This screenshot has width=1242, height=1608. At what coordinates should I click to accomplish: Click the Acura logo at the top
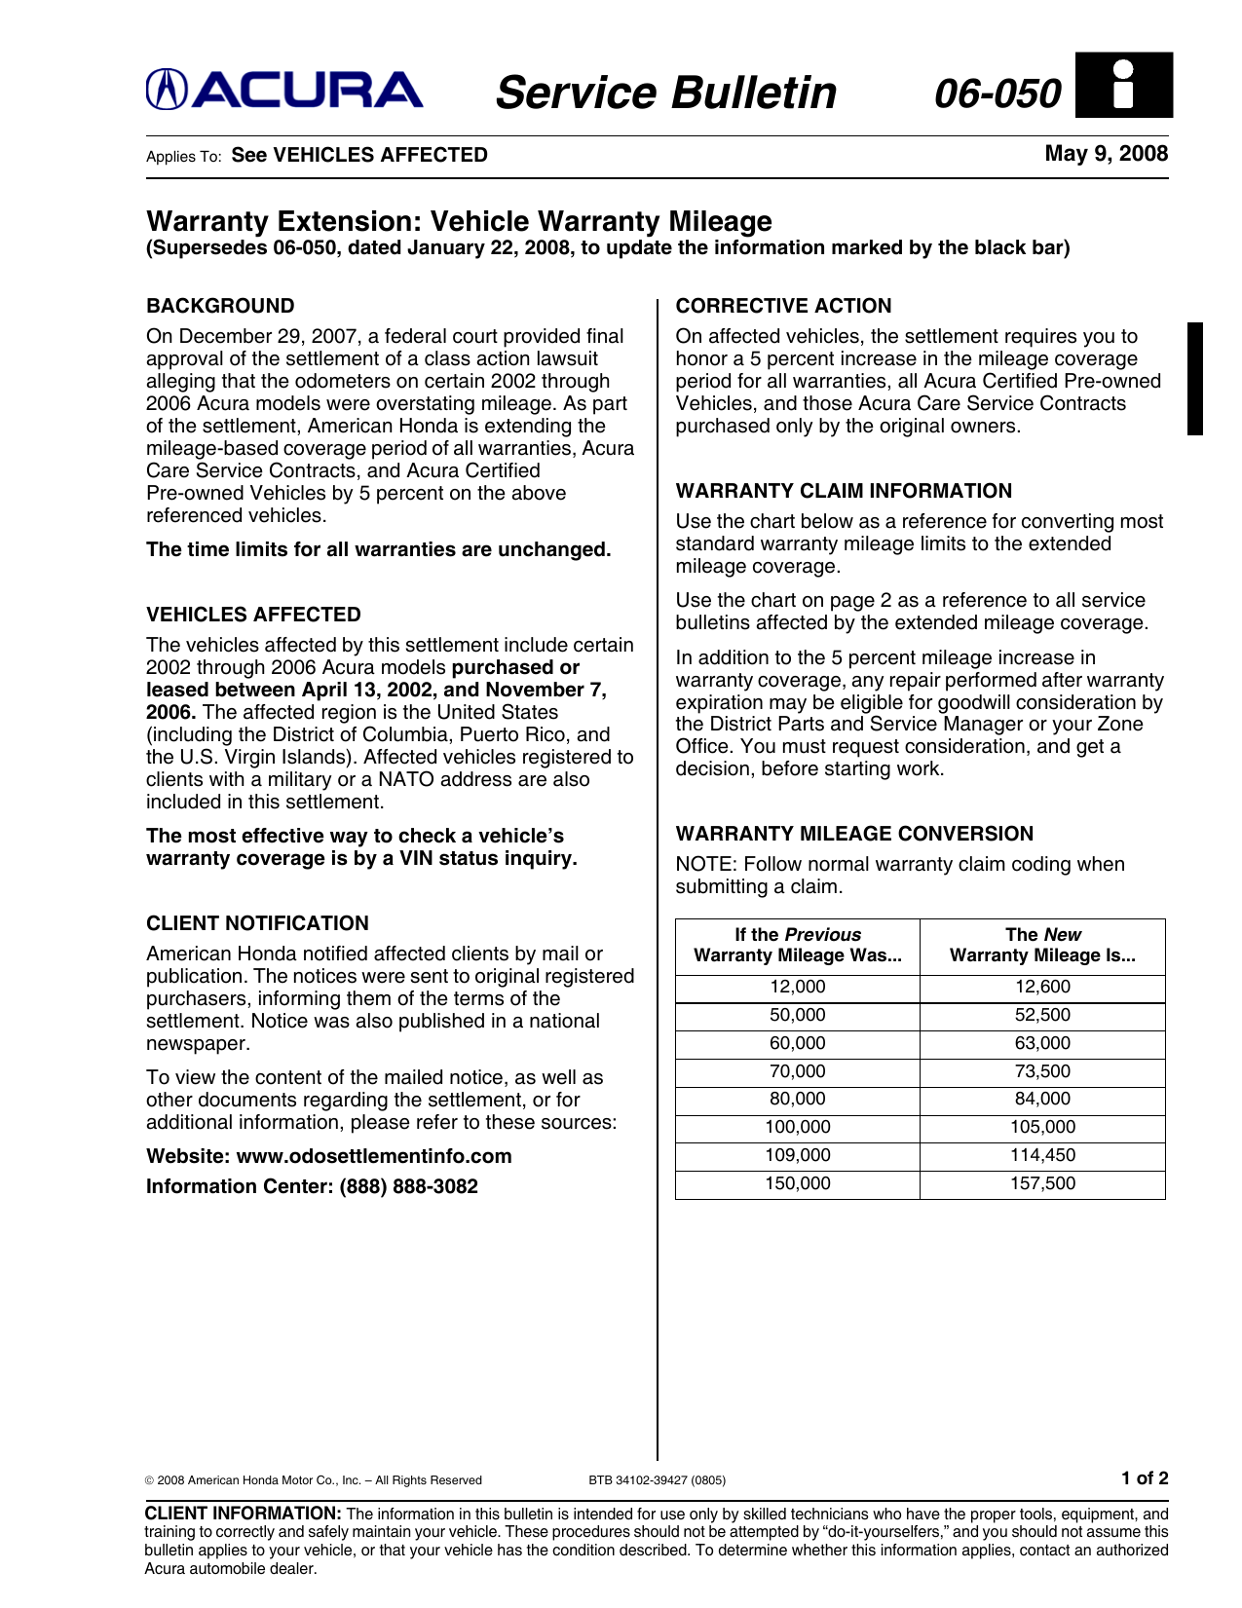[284, 91]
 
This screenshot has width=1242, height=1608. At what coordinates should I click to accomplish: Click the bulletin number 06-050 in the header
[997, 93]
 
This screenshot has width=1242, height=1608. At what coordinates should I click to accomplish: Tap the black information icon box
[1124, 86]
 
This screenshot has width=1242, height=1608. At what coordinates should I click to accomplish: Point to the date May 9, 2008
[1106, 154]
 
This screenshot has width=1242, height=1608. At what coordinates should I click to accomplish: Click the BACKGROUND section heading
[220, 306]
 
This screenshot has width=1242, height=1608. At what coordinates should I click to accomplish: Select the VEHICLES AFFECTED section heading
[253, 615]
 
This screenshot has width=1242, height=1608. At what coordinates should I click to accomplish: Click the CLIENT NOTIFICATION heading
[257, 923]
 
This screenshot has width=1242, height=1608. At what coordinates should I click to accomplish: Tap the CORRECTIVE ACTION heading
[783, 306]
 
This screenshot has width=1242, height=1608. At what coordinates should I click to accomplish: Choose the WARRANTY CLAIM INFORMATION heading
[844, 491]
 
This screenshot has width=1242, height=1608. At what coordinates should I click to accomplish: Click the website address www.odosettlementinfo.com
[374, 1156]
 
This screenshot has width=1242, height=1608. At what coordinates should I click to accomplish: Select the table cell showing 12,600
[1042, 987]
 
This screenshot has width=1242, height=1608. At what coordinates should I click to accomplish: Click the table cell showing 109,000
[797, 1155]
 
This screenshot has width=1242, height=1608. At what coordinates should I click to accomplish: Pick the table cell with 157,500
[1042, 1183]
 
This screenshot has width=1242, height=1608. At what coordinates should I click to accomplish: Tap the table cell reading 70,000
[797, 1071]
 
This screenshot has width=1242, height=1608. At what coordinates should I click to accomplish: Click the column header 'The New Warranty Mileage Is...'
[1042, 945]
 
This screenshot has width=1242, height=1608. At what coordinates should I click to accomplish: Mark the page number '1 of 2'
[1144, 1478]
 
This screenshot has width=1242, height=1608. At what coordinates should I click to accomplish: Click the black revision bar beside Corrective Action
[1194, 378]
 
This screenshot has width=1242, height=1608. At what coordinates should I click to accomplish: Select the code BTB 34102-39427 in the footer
[657, 1480]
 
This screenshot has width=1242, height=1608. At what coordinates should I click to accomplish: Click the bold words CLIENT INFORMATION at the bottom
[243, 1514]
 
